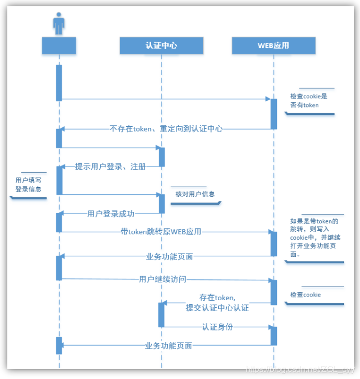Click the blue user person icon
point(59,24)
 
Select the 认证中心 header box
point(161,45)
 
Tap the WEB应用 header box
point(273,45)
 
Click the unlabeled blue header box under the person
point(59,45)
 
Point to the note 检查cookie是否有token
point(308,101)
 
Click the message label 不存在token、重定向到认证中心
point(166,128)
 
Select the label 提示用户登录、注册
point(110,167)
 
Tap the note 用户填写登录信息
point(28,185)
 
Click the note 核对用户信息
point(194,194)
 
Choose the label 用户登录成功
point(111,213)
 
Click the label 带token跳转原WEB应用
point(161,232)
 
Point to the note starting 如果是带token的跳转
point(313,238)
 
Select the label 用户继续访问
point(162,279)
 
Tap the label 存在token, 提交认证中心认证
point(217,303)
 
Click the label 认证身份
point(217,327)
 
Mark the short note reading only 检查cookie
point(306,295)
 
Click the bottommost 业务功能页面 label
point(169,345)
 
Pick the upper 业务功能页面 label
point(169,256)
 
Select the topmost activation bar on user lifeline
point(59,82)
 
